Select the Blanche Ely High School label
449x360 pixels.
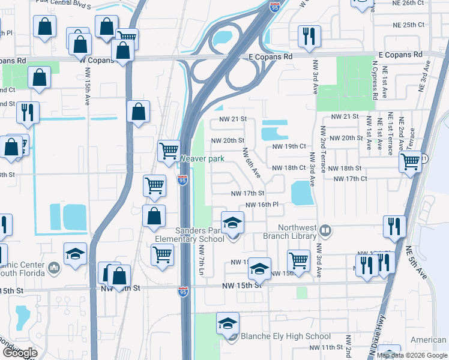(285, 337)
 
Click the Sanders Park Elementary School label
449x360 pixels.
(190, 235)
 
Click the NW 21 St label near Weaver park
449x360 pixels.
(234, 119)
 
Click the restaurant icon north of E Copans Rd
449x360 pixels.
(309, 35)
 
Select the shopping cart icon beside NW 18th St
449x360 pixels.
(411, 161)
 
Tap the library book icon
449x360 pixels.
(325, 230)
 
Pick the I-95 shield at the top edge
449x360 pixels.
(274, 7)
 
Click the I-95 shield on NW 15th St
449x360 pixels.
(183, 292)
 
